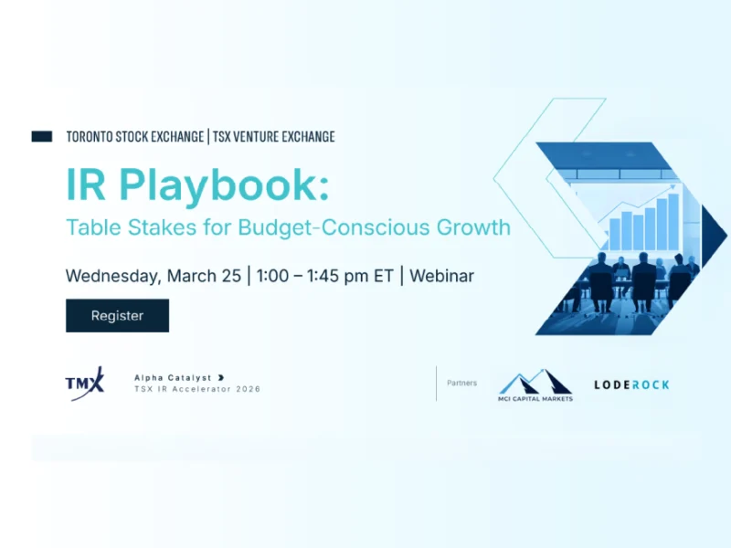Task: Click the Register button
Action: tap(117, 315)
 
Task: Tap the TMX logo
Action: tap(85, 383)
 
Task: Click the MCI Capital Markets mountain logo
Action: tap(535, 384)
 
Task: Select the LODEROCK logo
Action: tap(631, 385)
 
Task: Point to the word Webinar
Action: tap(441, 275)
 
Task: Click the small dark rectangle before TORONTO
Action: tap(42, 136)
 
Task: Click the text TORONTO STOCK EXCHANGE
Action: tap(135, 137)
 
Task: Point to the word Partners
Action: tap(461, 383)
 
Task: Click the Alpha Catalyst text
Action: tap(174, 376)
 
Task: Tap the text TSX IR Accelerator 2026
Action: tap(196, 389)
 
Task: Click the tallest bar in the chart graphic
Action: tap(673, 219)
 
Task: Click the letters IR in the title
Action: tap(89, 186)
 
